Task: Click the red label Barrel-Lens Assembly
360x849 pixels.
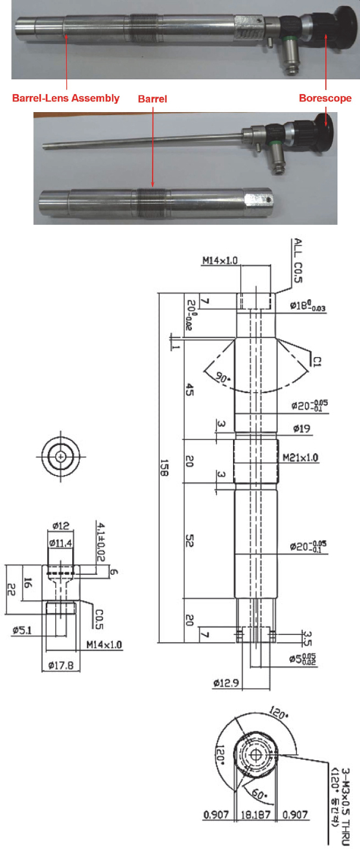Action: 66,98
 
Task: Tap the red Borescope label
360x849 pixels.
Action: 325,98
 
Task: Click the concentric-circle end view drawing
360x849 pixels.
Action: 60,457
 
